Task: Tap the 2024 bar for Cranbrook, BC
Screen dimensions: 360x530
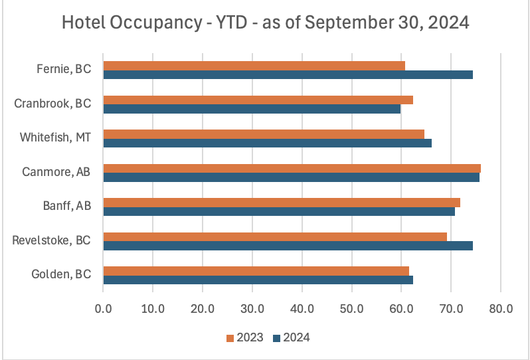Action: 252,109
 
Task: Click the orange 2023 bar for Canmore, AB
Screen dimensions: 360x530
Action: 292,168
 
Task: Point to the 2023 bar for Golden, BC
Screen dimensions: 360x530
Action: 256,271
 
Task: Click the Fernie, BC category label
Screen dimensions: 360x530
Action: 64,69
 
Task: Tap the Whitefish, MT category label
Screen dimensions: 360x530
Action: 55,137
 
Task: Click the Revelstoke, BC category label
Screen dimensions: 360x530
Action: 51,240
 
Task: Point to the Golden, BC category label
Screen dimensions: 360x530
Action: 61,275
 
